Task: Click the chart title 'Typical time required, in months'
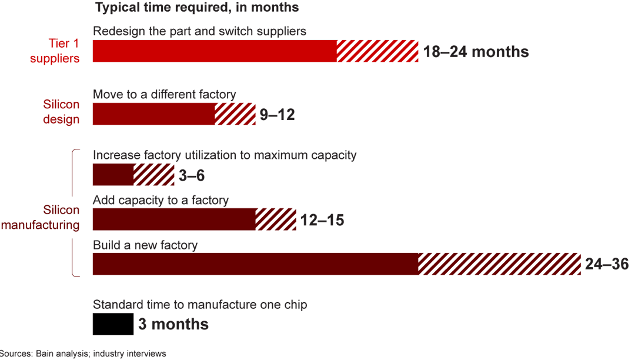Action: point(197,8)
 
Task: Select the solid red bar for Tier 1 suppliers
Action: point(215,51)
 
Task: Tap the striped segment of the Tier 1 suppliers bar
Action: point(377,51)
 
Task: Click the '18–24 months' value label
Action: point(476,52)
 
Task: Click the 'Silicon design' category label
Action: point(61,112)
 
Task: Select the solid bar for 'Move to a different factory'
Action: point(153,114)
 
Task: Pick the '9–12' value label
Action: point(277,115)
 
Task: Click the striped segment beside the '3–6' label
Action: point(153,175)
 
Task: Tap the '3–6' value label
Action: point(192,176)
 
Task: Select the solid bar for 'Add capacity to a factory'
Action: point(174,219)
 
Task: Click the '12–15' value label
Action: point(322,220)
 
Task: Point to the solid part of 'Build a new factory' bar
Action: point(255,264)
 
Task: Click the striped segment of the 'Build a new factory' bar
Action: point(499,264)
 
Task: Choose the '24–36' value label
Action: point(607,265)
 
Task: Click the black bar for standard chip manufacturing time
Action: point(113,324)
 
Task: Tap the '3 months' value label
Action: point(173,325)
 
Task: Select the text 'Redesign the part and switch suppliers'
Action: point(199,31)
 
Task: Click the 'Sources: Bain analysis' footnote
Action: point(82,354)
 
